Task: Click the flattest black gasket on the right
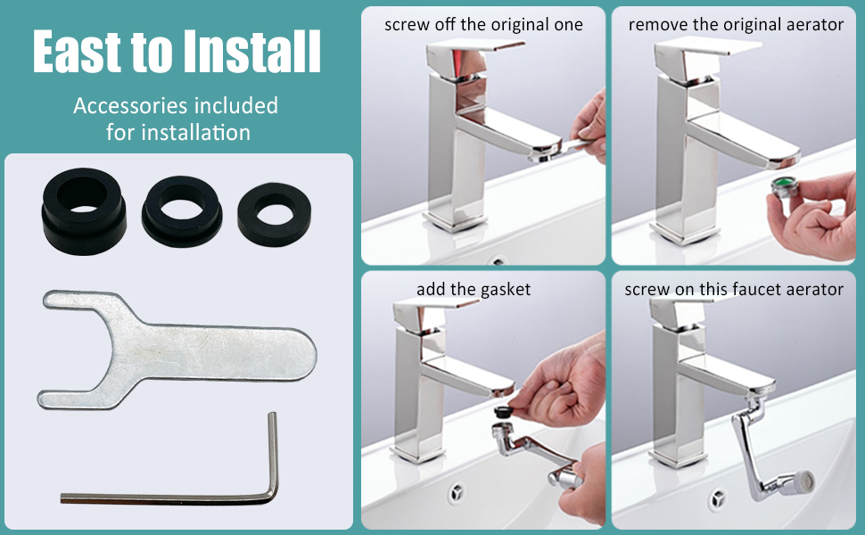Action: (x=275, y=213)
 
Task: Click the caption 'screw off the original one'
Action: (x=483, y=24)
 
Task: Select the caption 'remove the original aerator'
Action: (x=736, y=24)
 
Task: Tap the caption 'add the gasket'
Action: (x=473, y=289)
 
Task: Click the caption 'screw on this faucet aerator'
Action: (x=734, y=289)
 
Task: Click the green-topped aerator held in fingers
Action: (x=785, y=189)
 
